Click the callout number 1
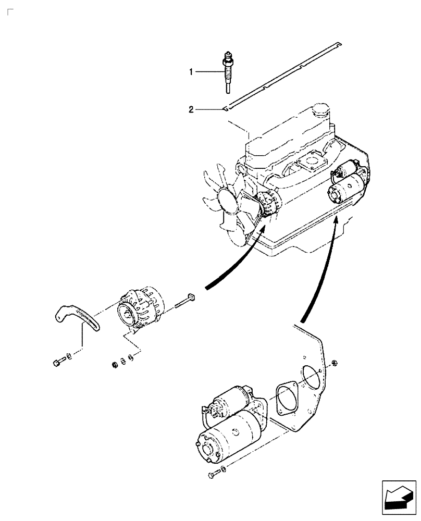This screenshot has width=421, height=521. [191, 72]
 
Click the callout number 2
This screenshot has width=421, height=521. [191, 109]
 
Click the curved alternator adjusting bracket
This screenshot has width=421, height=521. [78, 318]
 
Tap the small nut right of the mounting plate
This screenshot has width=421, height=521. [335, 363]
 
